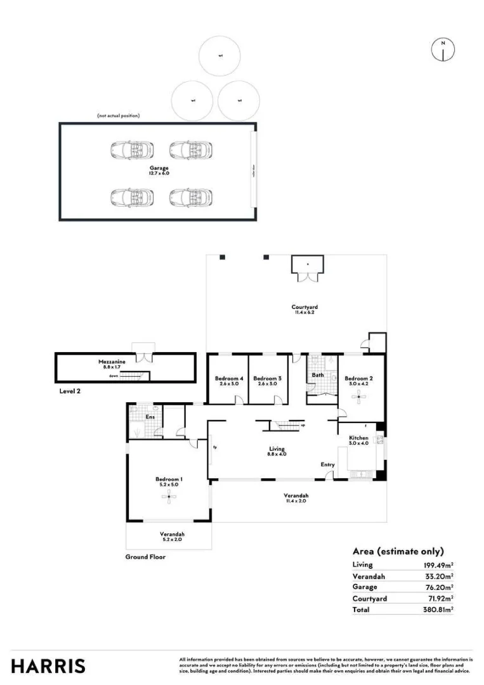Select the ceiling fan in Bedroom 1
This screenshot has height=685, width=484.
click(169, 498)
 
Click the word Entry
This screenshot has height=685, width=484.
click(327, 465)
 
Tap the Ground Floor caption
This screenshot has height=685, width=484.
click(145, 557)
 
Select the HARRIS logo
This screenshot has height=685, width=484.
click(48, 666)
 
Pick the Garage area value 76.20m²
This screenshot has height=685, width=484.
click(440, 587)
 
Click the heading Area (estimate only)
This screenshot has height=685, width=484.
click(398, 551)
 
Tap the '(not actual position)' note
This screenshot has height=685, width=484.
click(118, 115)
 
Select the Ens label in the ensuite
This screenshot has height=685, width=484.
click(150, 417)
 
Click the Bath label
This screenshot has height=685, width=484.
click(318, 375)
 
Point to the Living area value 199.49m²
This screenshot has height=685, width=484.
click(438, 564)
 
